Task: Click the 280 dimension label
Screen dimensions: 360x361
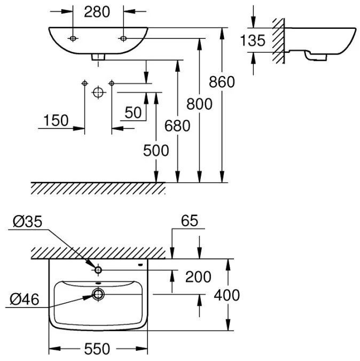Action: [97, 12]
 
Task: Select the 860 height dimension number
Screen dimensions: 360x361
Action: [222, 82]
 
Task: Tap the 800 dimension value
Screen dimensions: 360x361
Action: [199, 104]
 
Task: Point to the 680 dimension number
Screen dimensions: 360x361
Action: [177, 126]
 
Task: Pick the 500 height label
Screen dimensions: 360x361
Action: [156, 151]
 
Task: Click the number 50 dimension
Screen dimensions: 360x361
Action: [133, 113]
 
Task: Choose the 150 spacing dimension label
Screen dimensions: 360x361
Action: [56, 120]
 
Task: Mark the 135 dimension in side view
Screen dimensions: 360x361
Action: [253, 40]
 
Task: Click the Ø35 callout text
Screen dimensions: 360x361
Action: [28, 222]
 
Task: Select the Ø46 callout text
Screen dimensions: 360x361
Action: [25, 299]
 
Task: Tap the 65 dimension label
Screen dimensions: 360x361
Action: [190, 221]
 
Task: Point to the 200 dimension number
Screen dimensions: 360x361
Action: [198, 276]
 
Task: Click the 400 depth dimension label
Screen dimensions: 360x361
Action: [227, 295]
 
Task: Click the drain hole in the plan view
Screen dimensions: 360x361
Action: [98, 294]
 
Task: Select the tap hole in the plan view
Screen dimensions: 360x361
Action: [98, 270]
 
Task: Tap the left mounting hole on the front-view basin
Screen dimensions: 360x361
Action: [73, 39]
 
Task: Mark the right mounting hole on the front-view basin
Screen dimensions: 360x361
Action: [123, 39]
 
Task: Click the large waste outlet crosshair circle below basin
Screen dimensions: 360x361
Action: [99, 93]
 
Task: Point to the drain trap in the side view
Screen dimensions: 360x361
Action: [315, 56]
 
